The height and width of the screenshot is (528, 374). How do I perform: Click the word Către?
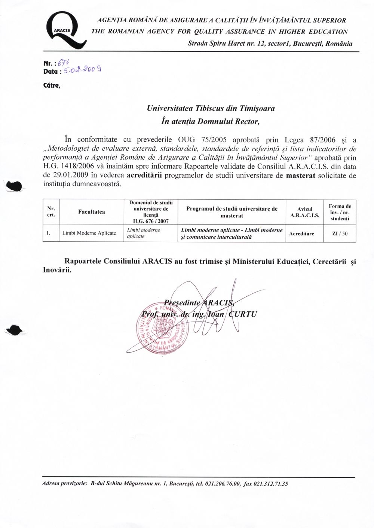click(x=52, y=85)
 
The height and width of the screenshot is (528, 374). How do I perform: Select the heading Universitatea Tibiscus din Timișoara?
click(x=211, y=109)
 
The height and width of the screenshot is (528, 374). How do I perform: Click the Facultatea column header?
click(x=92, y=212)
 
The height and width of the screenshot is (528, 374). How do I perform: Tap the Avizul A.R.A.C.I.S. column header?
click(x=305, y=212)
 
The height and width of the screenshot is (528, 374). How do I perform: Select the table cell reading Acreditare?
click(x=301, y=233)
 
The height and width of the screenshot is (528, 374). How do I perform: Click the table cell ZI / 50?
click(x=340, y=233)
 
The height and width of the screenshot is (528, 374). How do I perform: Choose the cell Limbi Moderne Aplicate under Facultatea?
click(x=89, y=233)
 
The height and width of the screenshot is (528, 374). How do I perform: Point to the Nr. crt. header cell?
click(x=51, y=212)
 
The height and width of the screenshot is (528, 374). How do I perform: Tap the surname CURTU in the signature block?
click(x=243, y=314)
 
